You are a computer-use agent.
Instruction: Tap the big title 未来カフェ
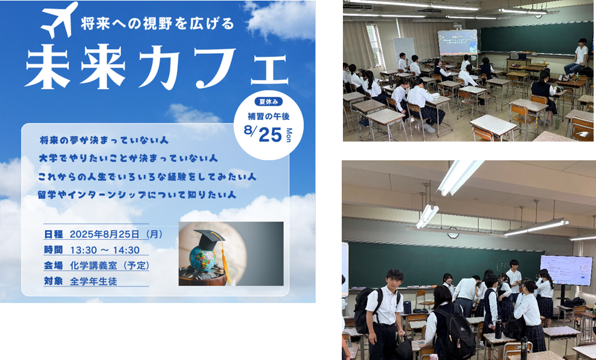point(156,67)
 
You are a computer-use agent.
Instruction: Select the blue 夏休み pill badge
point(267,101)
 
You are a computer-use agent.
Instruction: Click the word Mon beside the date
point(289,134)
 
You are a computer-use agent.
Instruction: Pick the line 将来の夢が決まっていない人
point(104,141)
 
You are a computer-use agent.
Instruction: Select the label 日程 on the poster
point(53,234)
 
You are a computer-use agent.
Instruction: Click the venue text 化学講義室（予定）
point(109,265)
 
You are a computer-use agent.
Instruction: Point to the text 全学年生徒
point(93,281)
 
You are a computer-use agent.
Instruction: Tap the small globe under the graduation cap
point(203,259)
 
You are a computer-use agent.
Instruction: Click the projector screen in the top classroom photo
point(457,42)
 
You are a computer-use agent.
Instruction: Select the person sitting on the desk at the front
point(578,56)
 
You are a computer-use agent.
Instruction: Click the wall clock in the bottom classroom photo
point(453,234)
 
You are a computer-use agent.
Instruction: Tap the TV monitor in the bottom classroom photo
point(566,270)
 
